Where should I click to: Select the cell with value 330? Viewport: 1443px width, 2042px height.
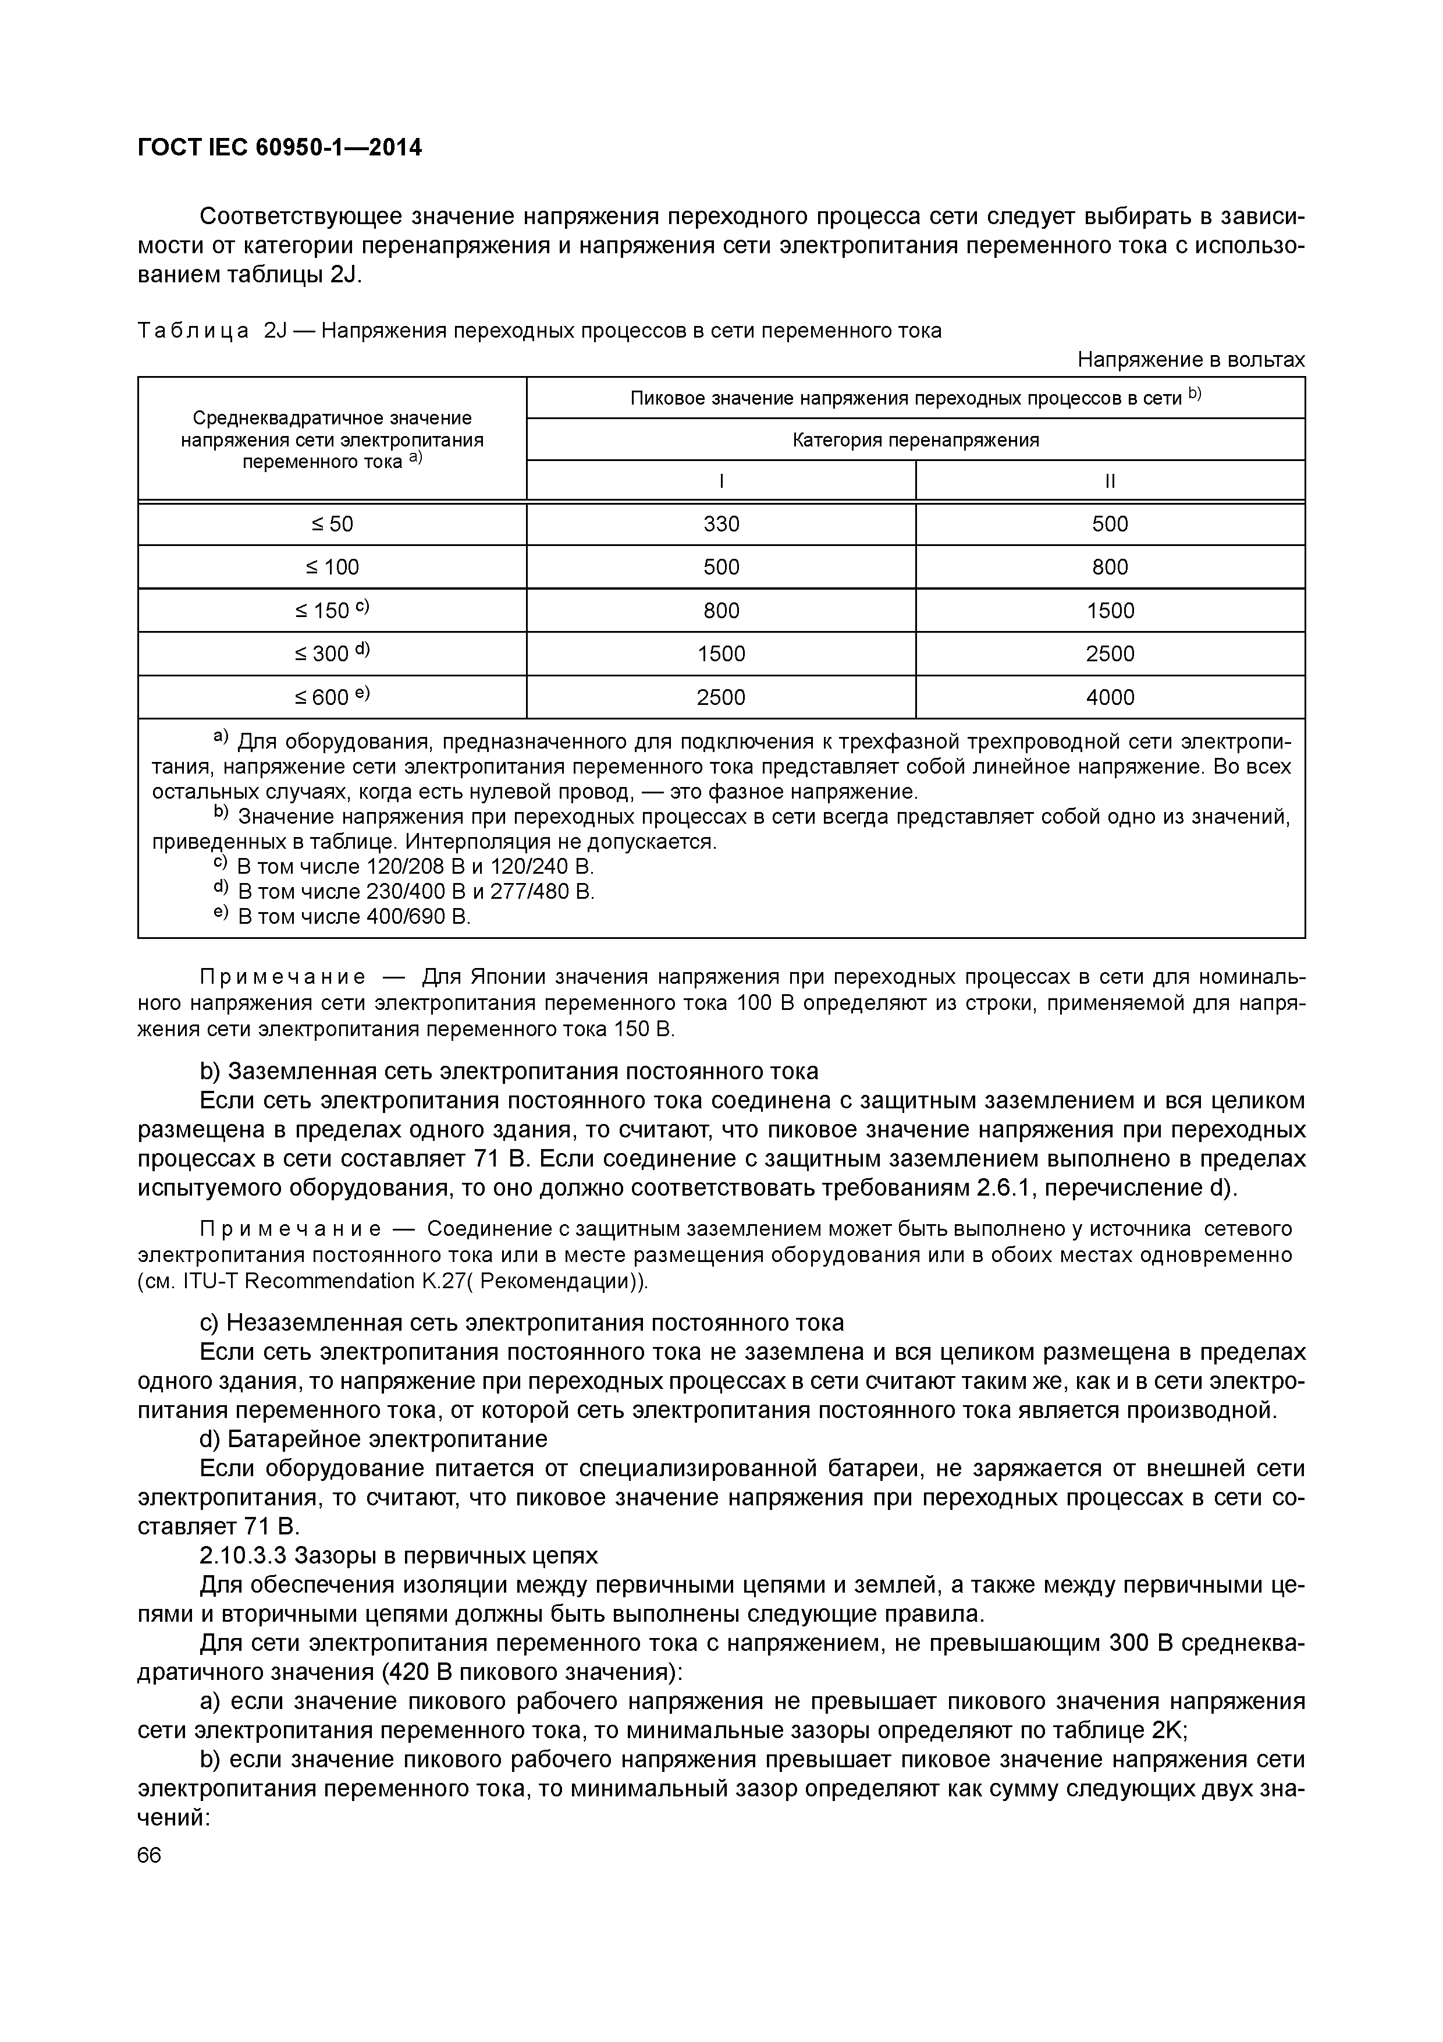tap(721, 524)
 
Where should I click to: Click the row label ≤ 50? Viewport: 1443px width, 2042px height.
tap(332, 524)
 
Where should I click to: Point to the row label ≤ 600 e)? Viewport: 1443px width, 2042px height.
tap(332, 697)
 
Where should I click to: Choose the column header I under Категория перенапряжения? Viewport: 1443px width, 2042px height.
tap(721, 481)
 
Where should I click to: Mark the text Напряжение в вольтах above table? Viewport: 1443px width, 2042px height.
tap(1190, 359)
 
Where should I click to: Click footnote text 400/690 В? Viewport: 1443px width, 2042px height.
tap(418, 916)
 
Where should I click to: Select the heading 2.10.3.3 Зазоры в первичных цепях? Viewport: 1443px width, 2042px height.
tap(399, 1555)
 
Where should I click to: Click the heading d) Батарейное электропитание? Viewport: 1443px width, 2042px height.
tap(374, 1438)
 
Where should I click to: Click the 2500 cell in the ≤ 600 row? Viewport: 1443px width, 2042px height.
tap(721, 697)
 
